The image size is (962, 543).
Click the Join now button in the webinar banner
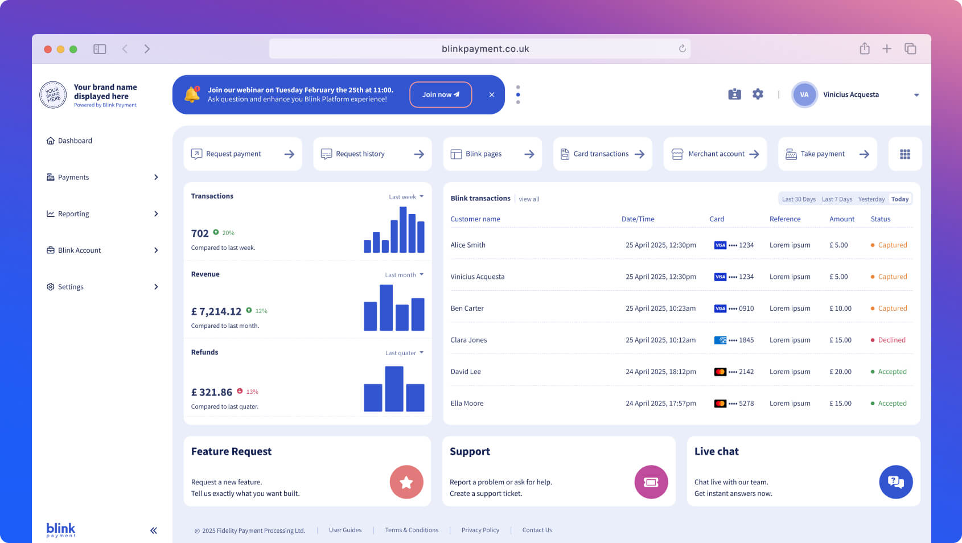pos(441,94)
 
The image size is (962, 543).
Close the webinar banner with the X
pos(492,94)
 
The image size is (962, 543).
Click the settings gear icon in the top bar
pos(758,94)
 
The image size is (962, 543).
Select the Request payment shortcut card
pos(242,154)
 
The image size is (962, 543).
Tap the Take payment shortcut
pos(827,154)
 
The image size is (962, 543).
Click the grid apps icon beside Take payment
pos(905,154)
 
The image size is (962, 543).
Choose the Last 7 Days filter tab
pos(837,199)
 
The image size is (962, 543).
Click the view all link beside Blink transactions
pos(529,199)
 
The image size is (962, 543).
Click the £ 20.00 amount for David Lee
pos(840,372)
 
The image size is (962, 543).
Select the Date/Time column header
pos(638,219)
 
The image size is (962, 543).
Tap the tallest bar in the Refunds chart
pos(394,389)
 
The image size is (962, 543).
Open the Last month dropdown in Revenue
pos(404,275)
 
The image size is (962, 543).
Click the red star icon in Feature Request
pos(406,482)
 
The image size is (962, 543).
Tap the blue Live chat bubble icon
pos(895,482)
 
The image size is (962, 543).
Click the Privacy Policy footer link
pos(480,530)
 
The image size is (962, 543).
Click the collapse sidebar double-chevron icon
pos(153,530)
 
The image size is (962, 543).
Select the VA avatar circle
pos(804,94)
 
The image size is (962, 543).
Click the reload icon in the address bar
pos(682,48)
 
